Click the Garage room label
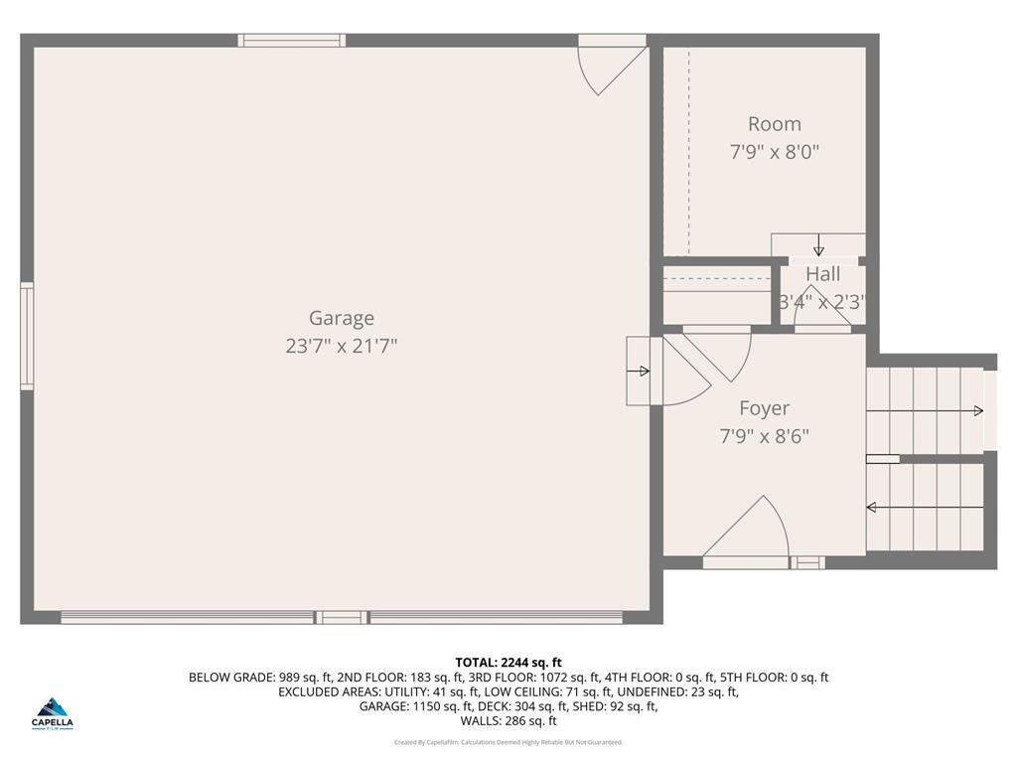342,318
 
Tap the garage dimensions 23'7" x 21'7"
342,347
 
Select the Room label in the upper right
774,124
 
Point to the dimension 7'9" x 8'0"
774,153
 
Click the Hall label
822,274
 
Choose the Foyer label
764,408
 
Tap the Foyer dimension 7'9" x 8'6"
764,436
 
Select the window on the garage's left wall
27,336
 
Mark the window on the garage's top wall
292,41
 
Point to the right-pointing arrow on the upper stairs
977,411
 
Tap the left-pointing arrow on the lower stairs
872,508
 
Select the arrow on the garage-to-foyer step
641,372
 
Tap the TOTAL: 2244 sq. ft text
508,663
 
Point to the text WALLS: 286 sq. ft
508,721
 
